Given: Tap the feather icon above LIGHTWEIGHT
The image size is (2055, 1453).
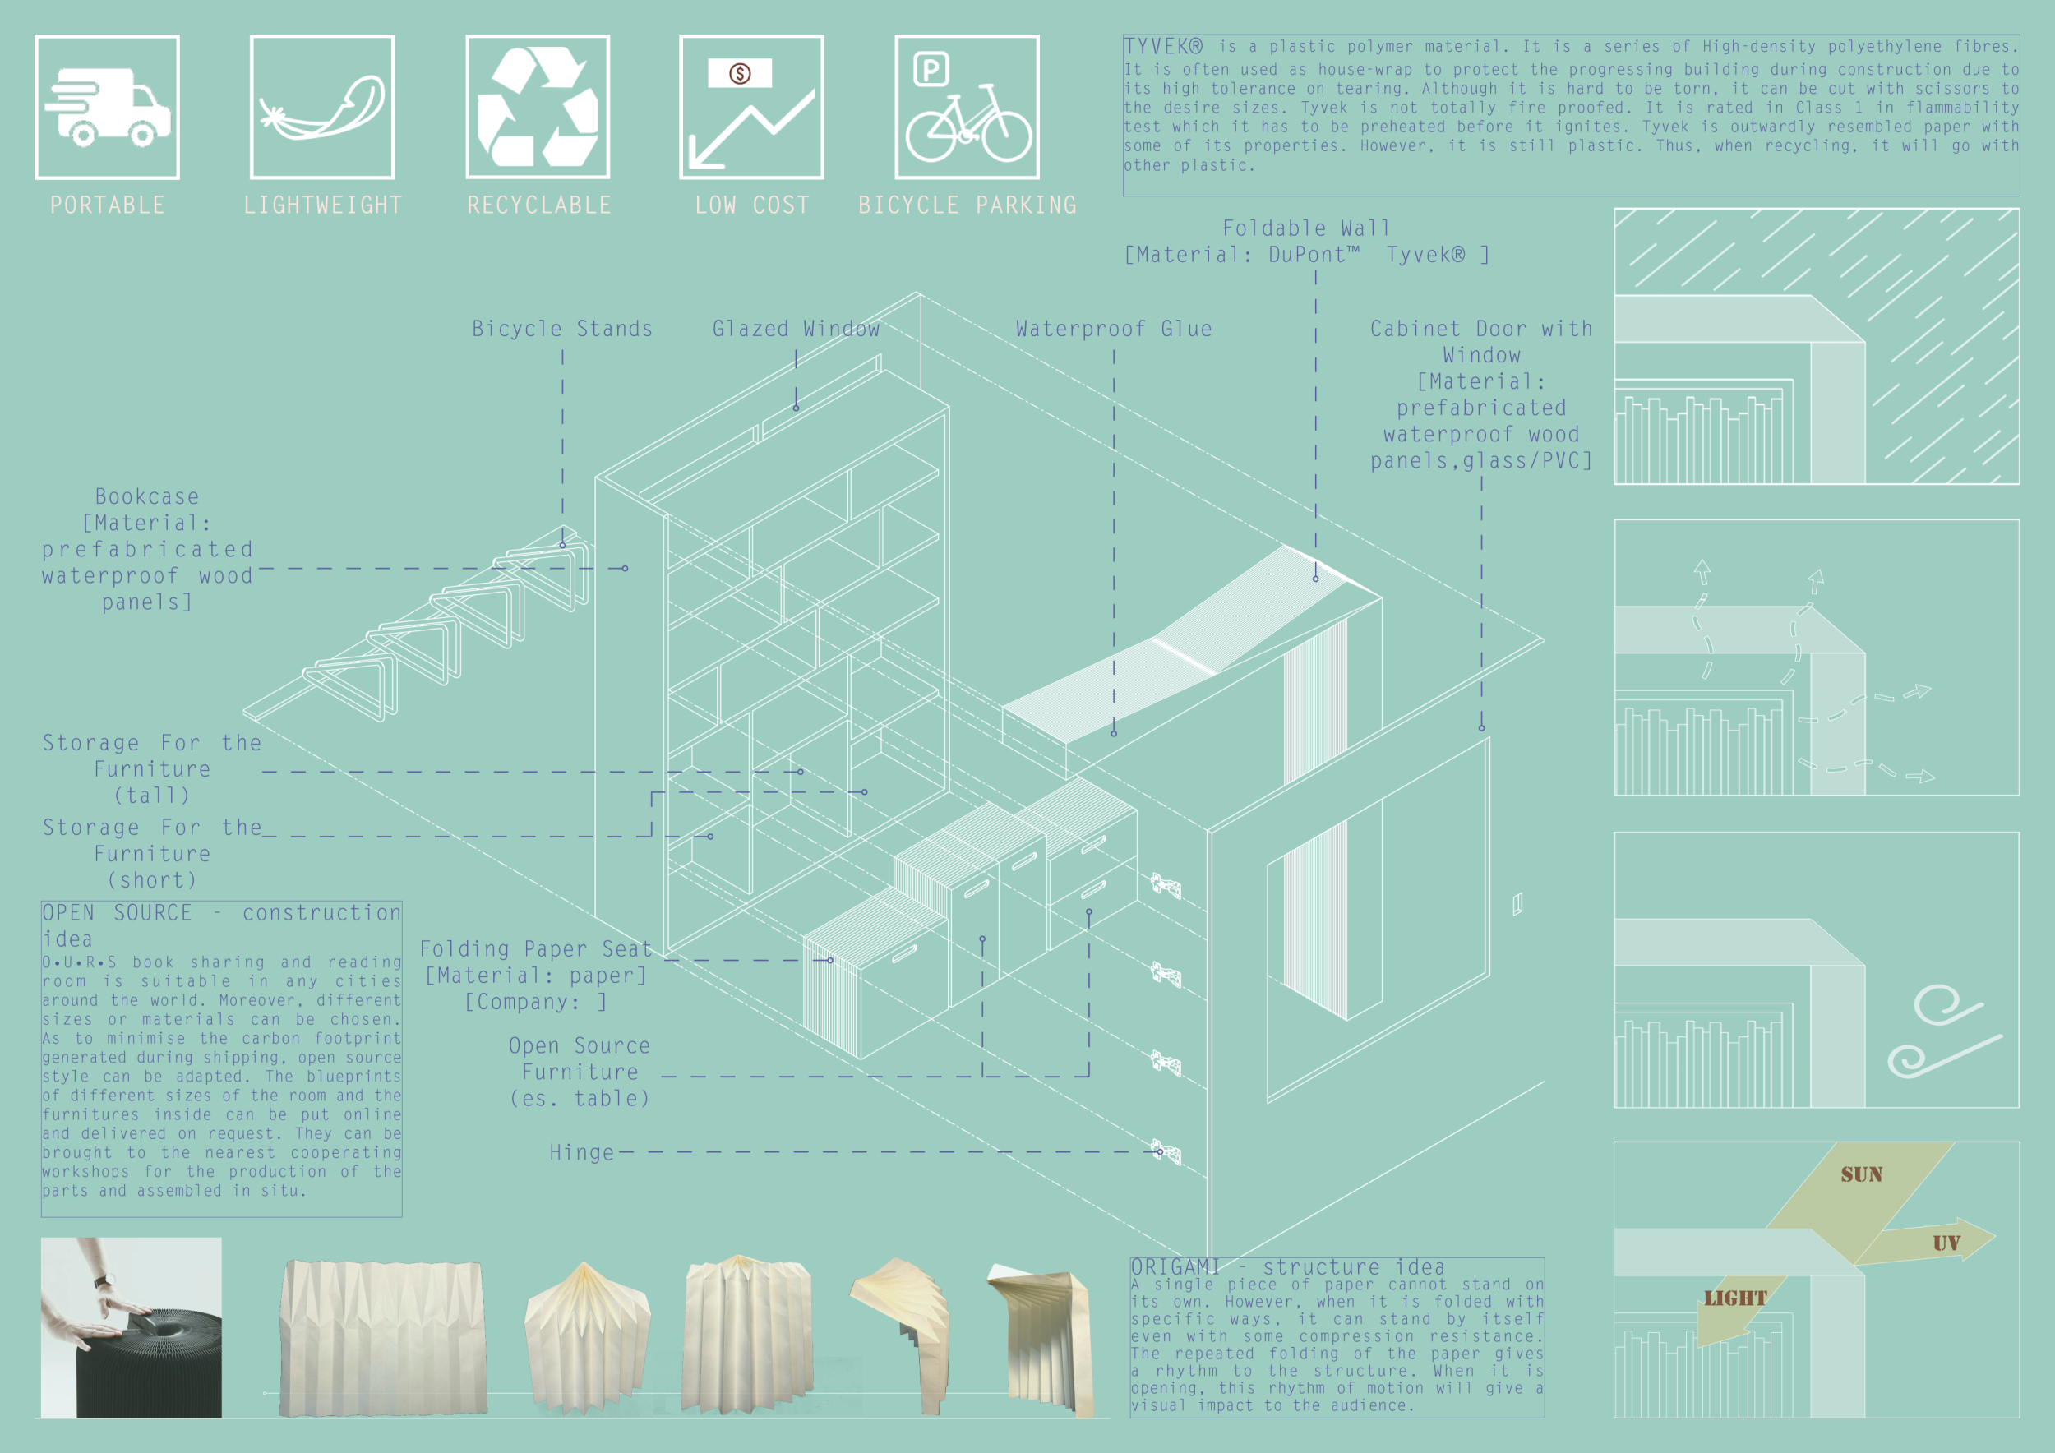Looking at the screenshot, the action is [322, 109].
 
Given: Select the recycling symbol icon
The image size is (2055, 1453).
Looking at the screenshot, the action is [538, 107].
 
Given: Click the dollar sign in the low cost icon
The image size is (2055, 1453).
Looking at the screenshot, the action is [740, 73].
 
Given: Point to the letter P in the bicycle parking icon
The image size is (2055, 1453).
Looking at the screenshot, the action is [931, 69].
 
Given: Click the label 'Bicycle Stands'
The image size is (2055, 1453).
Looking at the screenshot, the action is [562, 330].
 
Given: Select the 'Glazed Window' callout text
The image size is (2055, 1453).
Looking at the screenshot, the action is [796, 330].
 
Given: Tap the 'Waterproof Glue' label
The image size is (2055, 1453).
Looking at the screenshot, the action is [1114, 330].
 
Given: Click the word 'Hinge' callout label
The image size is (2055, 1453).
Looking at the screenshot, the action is [582, 1152].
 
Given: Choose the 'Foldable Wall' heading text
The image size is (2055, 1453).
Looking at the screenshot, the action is [1306, 229].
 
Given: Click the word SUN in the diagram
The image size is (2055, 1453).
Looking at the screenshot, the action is [1862, 1174].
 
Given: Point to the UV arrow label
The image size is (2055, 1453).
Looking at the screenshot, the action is [1946, 1243].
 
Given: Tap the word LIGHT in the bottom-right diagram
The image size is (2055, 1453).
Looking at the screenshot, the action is [1734, 1298].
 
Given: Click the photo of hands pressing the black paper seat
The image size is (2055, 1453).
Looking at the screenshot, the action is [132, 1326].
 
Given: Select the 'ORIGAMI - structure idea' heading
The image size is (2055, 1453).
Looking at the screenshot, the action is [1287, 1267].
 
